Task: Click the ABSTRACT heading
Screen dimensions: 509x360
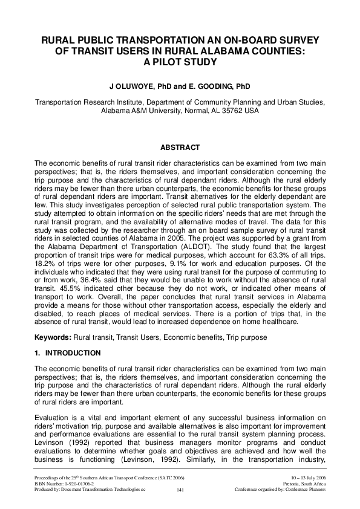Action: point(180,148)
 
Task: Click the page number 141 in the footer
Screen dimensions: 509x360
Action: point(180,490)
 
